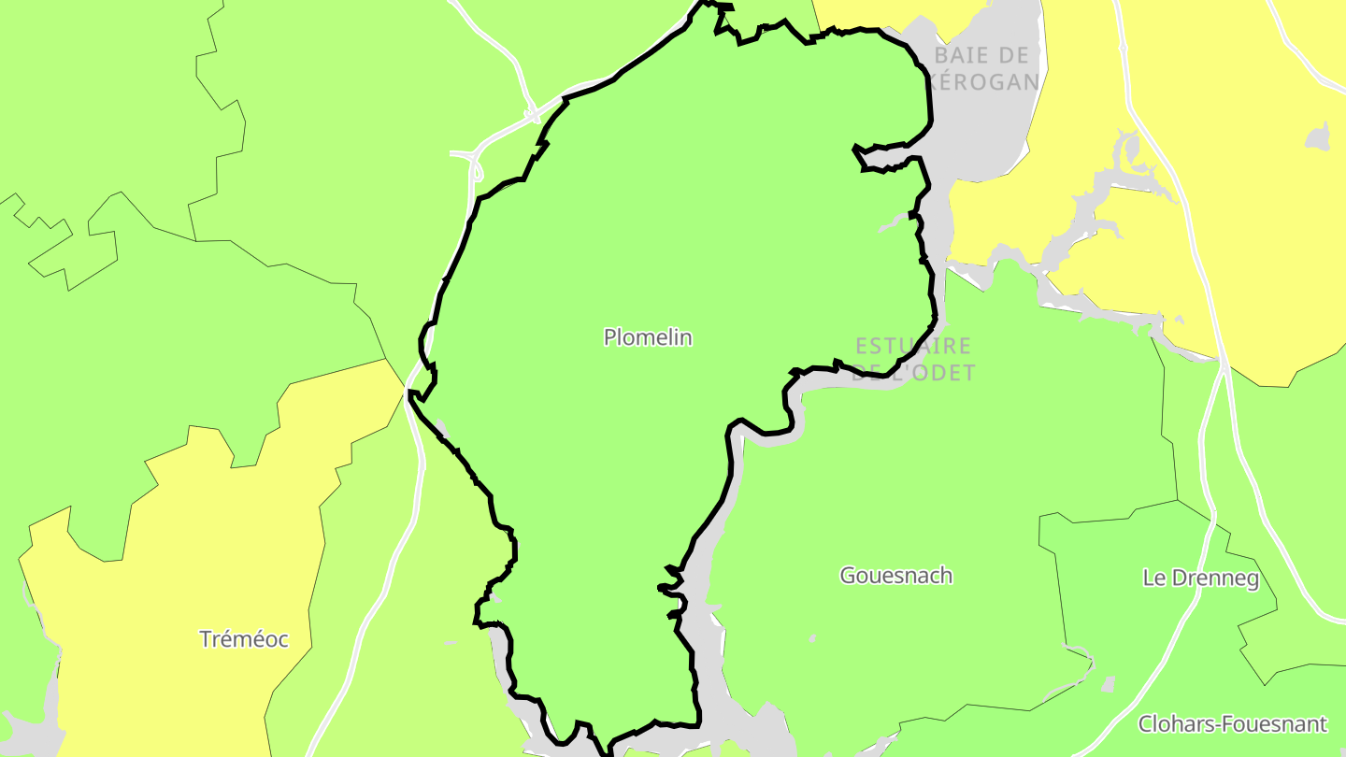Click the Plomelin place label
click(x=648, y=337)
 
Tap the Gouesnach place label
click(x=895, y=576)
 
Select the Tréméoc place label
click(x=244, y=640)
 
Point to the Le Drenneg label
click(x=1200, y=578)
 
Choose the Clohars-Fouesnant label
click(x=1232, y=724)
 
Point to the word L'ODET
click(x=930, y=373)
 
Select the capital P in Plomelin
click(x=610, y=337)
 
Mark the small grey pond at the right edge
click(x=1318, y=137)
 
